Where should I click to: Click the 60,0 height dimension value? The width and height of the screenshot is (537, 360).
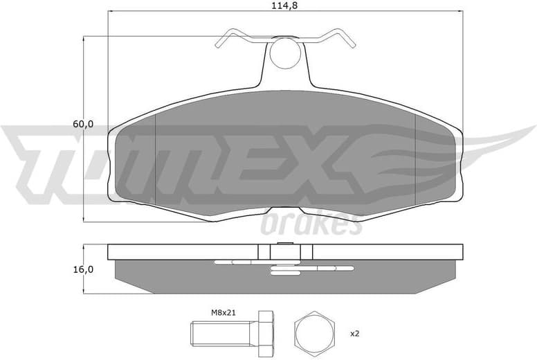coord(83,125)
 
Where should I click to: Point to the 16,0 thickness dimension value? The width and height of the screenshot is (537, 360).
coord(83,269)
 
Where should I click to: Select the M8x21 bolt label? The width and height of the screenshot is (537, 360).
coord(223,312)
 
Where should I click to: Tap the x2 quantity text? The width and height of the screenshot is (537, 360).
coord(354,334)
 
